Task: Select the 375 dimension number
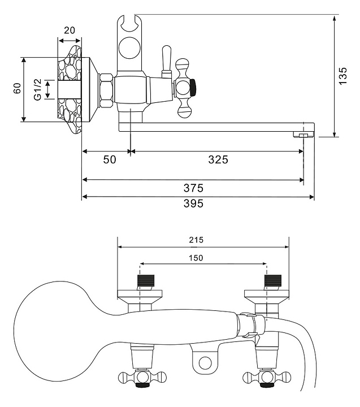pos(193,188)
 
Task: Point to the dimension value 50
pos(109,159)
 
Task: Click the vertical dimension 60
pos(17,89)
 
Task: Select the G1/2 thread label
pos(37,89)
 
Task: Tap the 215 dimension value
pos(196,240)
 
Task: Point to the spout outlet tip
pos(303,134)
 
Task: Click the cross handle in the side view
pos(184,88)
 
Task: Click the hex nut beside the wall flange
pos(106,89)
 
